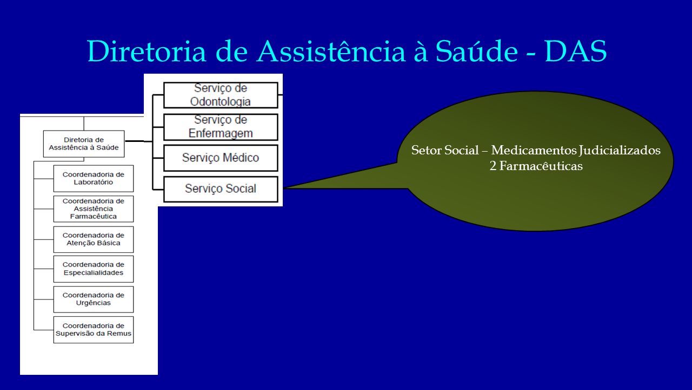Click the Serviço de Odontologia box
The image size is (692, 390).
point(221,95)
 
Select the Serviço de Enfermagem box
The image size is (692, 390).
point(221,127)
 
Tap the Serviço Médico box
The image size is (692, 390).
point(221,158)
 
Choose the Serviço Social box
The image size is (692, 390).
point(221,189)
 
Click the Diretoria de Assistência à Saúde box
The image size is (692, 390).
point(84,144)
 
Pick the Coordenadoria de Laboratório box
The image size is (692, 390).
point(94,179)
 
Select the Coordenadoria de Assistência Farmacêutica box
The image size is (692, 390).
point(94,209)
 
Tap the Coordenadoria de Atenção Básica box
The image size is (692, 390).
point(94,239)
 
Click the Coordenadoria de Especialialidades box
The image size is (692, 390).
point(94,269)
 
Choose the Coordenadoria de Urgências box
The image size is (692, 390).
point(94,300)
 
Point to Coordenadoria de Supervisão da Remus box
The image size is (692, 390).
point(94,330)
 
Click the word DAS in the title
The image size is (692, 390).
point(576,51)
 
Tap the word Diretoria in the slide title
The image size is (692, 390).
point(147,51)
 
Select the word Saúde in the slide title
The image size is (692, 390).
point(477,51)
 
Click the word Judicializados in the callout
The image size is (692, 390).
point(620,151)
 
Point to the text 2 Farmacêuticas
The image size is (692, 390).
point(536,166)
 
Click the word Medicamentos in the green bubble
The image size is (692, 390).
point(534,150)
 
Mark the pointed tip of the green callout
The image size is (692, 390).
point(284,188)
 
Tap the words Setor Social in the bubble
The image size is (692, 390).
point(445,150)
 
